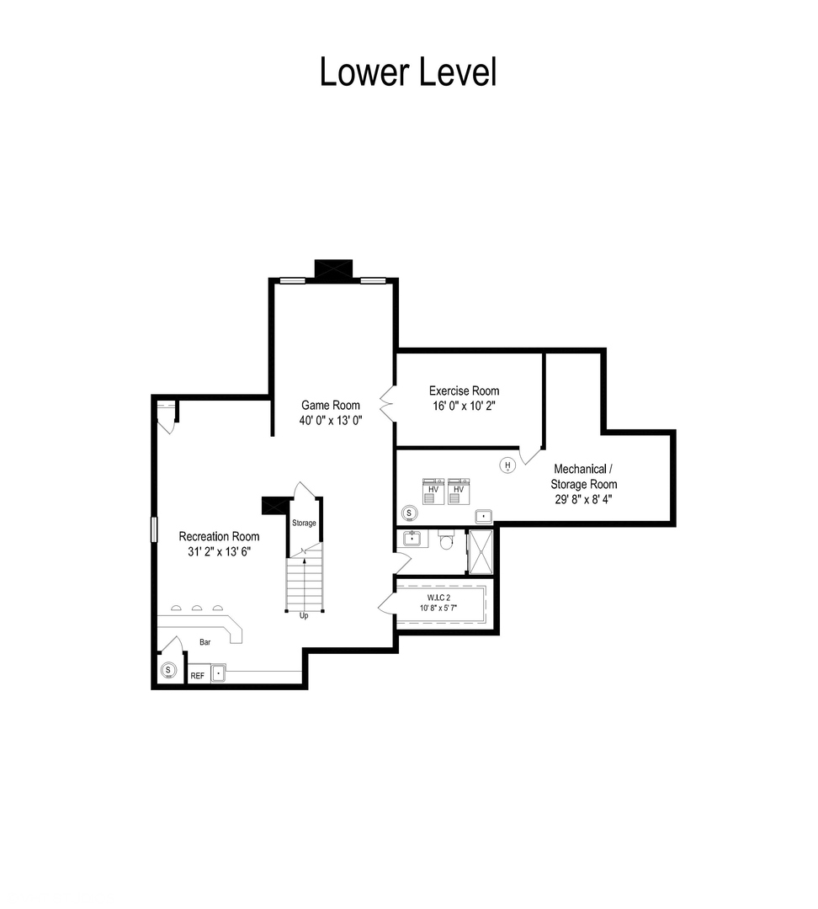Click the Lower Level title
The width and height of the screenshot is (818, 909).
tap(408, 72)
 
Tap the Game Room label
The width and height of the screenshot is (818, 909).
tap(331, 405)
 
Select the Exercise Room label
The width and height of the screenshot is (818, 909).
tap(464, 391)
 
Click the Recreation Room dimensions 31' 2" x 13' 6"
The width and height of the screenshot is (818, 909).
tap(219, 551)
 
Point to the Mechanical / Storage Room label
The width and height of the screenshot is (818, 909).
tap(583, 476)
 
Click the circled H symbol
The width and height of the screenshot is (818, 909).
tap(507, 465)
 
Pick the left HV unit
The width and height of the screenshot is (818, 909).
tap(433, 491)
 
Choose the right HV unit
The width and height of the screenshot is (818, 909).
tap(459, 491)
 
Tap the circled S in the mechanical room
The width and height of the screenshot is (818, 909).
tap(409, 513)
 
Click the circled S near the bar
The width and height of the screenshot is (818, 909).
tap(168, 671)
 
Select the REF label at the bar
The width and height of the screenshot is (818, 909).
tap(198, 676)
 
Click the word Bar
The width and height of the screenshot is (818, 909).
tap(205, 642)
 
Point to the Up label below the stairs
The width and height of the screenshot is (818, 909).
tap(304, 616)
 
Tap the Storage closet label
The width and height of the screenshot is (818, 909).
tap(304, 523)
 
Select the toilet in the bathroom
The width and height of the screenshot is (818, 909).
tap(446, 540)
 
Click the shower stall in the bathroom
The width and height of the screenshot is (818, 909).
tap(480, 551)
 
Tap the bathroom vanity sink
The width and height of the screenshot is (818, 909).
tap(412, 539)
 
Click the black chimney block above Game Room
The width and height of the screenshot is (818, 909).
tap(333, 269)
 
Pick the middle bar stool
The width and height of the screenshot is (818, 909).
tap(197, 608)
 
